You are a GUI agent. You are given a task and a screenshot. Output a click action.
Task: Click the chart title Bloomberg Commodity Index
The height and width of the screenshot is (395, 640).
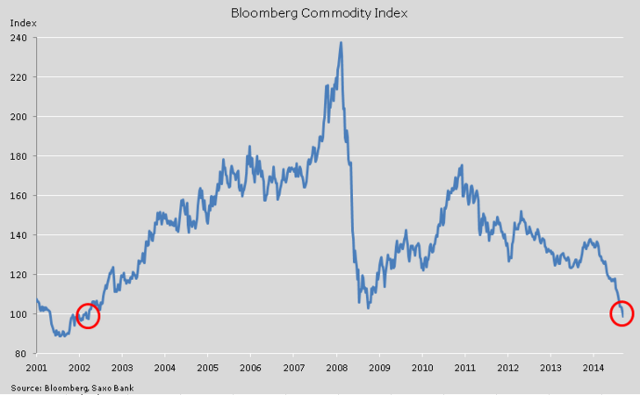point(319,13)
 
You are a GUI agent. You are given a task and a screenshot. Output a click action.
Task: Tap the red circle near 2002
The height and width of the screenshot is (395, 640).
point(88,315)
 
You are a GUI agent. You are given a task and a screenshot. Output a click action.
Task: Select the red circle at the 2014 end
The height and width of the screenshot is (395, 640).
point(621,313)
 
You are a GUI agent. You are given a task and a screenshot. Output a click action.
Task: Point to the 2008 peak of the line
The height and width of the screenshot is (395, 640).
point(341,42)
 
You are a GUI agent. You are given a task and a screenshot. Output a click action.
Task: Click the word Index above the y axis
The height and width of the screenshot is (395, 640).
point(22,22)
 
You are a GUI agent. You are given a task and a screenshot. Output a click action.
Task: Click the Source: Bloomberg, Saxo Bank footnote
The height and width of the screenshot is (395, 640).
point(72,386)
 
